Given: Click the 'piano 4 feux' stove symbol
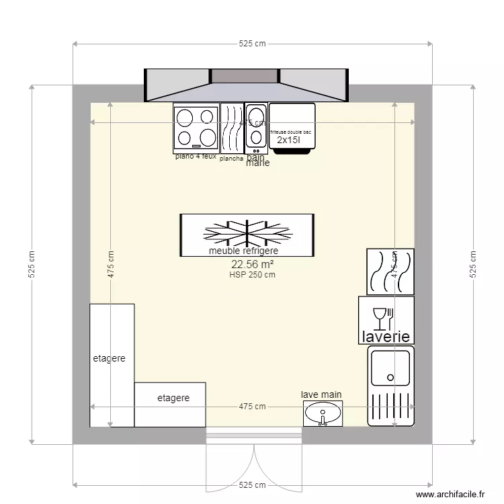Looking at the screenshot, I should [196, 127].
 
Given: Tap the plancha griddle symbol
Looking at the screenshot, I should [232, 128].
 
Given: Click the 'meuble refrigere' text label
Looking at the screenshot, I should [243, 251].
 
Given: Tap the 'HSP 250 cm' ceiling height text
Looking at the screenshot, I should [252, 274].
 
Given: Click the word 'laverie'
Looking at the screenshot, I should [386, 336].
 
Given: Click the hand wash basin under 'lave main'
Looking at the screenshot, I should [323, 414].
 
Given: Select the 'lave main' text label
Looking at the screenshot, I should [321, 395].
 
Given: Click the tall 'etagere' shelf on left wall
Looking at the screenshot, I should [112, 365].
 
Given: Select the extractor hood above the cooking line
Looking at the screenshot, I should [246, 85].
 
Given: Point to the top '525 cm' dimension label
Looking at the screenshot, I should [252, 44].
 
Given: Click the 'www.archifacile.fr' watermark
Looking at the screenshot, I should [450, 494].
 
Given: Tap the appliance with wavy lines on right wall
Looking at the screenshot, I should [390, 271].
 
